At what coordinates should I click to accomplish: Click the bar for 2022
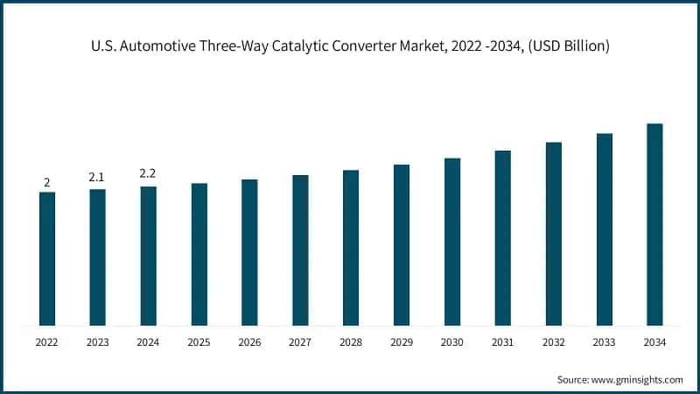[47, 259]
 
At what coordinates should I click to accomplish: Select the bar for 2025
[199, 255]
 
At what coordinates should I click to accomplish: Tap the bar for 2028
[351, 248]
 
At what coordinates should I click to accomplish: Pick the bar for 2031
[502, 238]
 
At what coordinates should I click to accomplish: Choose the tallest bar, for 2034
[654, 225]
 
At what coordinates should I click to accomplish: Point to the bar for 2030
[452, 243]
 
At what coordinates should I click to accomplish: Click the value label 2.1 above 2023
[97, 178]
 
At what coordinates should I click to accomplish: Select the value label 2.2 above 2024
[148, 174]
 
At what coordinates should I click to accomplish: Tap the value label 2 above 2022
[47, 182]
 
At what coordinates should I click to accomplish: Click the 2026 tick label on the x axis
[249, 342]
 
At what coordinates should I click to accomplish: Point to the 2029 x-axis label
[402, 342]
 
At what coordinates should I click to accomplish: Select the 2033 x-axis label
[604, 342]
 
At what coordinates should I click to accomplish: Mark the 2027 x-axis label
[300, 342]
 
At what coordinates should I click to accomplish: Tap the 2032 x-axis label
[553, 342]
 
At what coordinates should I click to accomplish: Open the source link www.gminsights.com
[637, 379]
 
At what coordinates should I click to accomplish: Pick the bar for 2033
[604, 230]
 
